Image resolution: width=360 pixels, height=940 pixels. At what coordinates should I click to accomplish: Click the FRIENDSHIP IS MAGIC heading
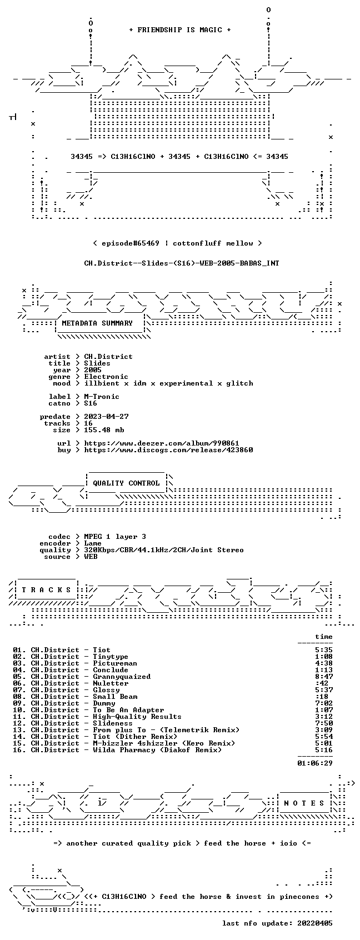[x=180, y=30]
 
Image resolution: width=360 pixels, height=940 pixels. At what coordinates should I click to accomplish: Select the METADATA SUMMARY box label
[x=97, y=323]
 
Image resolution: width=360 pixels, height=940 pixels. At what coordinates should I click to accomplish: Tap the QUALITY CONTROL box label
[x=126, y=483]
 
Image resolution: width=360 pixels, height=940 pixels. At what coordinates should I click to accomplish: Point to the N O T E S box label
[x=304, y=803]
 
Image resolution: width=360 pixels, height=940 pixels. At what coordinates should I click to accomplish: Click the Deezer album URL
[x=162, y=443]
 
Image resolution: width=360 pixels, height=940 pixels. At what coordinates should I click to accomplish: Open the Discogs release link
[x=168, y=450]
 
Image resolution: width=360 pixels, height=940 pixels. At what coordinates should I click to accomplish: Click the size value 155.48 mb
[x=104, y=429]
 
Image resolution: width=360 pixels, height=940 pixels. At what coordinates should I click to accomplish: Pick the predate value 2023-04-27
[x=106, y=417]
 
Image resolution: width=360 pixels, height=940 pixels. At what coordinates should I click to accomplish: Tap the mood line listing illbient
[x=168, y=383]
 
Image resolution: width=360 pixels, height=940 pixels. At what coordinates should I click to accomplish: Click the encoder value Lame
[x=93, y=543]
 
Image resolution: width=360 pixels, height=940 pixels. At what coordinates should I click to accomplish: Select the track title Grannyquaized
[x=122, y=677]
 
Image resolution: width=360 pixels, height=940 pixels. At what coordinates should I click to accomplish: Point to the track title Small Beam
[x=115, y=697]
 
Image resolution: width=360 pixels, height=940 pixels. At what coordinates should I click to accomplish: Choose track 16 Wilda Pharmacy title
[x=157, y=750]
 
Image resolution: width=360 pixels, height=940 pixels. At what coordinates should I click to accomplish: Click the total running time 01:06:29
[x=315, y=763]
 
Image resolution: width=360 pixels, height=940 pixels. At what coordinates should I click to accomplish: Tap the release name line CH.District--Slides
[x=182, y=263]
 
